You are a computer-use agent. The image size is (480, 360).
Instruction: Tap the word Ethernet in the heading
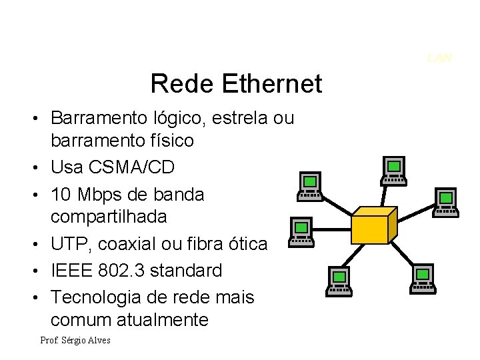coord(273,85)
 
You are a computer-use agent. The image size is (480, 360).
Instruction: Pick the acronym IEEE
coord(71,271)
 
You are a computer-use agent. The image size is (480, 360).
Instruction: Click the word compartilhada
coord(109,217)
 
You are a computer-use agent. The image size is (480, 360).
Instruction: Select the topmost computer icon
coord(394,171)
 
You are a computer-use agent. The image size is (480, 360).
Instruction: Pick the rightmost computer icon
coord(445,202)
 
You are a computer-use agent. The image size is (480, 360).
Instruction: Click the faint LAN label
coord(440,58)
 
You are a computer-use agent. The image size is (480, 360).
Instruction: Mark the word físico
coord(171,141)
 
